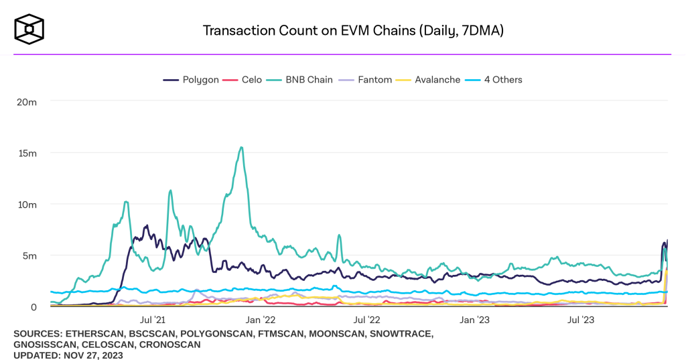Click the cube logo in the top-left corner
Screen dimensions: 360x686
29,29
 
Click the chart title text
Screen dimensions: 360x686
342,31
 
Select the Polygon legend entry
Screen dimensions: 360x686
192,80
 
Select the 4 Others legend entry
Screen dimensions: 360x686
496,80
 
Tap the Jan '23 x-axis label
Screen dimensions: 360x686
474,320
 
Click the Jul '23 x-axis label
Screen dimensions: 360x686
579,320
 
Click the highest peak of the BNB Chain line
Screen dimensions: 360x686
241,147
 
